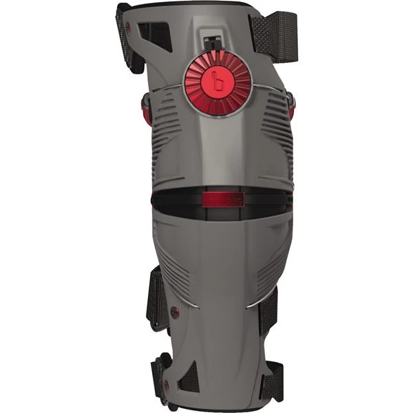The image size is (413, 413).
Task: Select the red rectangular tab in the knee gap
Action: (x=221, y=200)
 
